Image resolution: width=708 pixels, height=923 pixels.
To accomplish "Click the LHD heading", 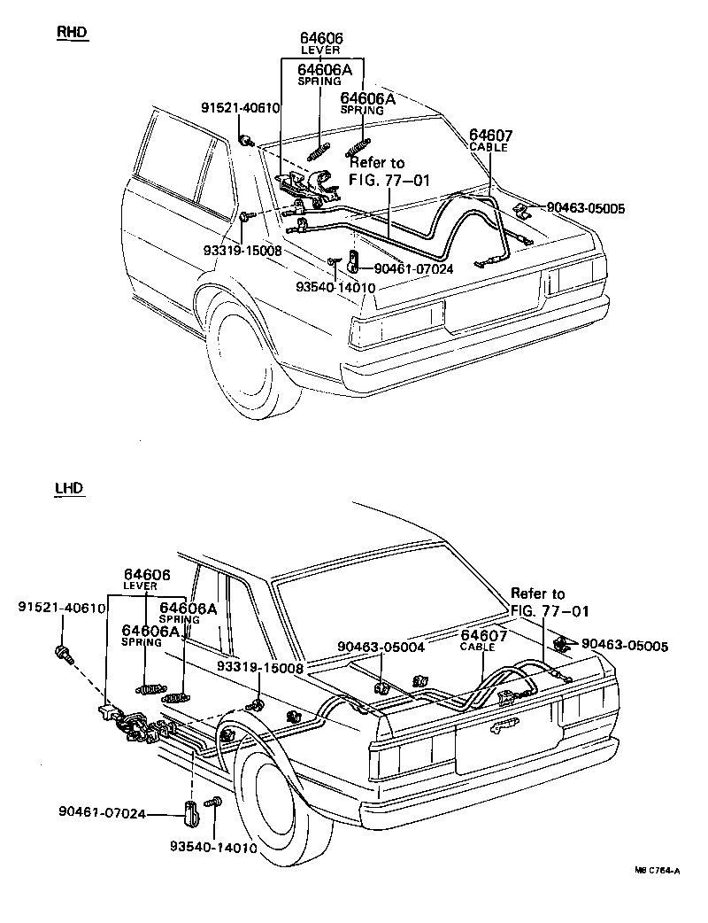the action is pyautogui.click(x=70, y=488).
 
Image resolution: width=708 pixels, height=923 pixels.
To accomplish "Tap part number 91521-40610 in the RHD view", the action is pyautogui.click(x=240, y=108).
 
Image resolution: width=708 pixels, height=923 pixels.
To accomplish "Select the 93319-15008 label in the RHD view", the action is pyautogui.click(x=242, y=250).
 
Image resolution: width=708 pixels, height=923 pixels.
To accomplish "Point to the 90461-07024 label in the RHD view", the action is pyautogui.click(x=414, y=269).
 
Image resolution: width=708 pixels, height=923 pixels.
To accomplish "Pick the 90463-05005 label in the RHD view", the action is pyautogui.click(x=586, y=208).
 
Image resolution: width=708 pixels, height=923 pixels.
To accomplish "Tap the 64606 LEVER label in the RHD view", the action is pyautogui.click(x=320, y=43).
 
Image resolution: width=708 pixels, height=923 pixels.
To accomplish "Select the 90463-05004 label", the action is pyautogui.click(x=381, y=647).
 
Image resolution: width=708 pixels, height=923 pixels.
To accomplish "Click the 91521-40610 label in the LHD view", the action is pyautogui.click(x=62, y=608).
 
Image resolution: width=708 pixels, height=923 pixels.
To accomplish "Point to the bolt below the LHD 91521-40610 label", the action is pyautogui.click(x=63, y=654).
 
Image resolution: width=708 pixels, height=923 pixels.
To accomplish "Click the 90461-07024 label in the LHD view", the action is pyautogui.click(x=102, y=813).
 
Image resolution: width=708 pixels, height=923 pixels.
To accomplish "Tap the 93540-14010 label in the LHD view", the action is pyautogui.click(x=214, y=848).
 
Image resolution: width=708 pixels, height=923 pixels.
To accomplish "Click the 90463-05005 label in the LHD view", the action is pyautogui.click(x=625, y=646).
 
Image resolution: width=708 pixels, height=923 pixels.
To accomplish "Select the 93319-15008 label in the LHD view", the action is pyautogui.click(x=260, y=668).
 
